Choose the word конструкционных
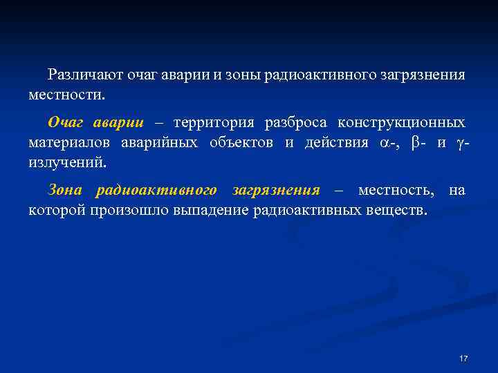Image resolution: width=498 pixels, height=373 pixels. [401, 123]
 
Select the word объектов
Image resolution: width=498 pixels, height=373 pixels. [238, 143]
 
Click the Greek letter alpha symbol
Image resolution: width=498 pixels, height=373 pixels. [384, 143]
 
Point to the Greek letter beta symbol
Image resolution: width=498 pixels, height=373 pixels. [414, 143]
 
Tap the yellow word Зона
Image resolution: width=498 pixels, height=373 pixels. [65, 190]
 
